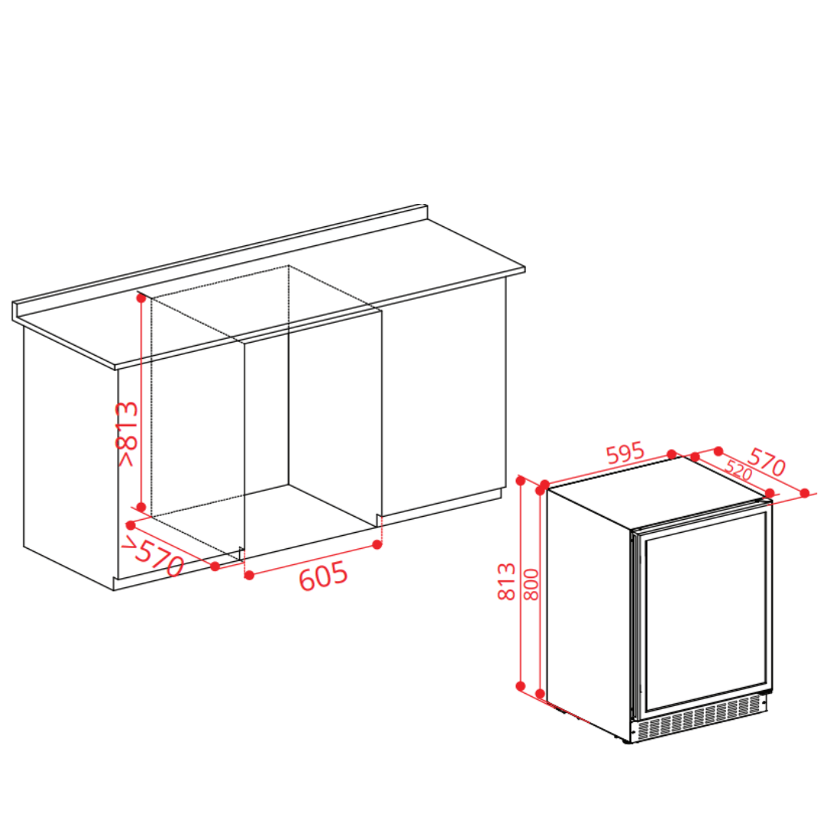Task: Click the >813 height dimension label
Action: pyautogui.click(x=127, y=434)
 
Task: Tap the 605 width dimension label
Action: pyautogui.click(x=324, y=576)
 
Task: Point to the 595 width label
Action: pyautogui.click(x=626, y=453)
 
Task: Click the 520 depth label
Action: pyautogui.click(x=738, y=469)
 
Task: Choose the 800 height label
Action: pyautogui.click(x=532, y=584)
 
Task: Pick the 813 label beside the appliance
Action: pyautogui.click(x=507, y=581)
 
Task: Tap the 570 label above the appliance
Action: pyautogui.click(x=767, y=462)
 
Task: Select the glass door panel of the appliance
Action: pyautogui.click(x=705, y=613)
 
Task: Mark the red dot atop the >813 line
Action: pyautogui.click(x=141, y=297)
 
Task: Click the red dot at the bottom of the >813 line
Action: pyautogui.click(x=141, y=507)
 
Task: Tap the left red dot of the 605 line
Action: pyautogui.click(x=249, y=575)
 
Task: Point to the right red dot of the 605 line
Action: pyautogui.click(x=377, y=544)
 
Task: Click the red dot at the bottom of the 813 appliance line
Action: pyautogui.click(x=521, y=686)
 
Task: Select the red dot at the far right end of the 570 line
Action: pyautogui.click(x=805, y=493)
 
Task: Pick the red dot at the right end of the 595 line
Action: pyautogui.click(x=672, y=454)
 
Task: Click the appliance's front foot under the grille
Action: pyautogui.click(x=627, y=741)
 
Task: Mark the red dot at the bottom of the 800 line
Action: pyautogui.click(x=540, y=693)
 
